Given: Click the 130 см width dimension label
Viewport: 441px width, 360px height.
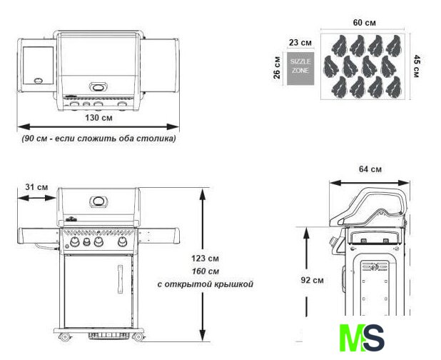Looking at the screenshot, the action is [x=98, y=117].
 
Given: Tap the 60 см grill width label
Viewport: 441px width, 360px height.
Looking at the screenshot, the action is [x=364, y=23].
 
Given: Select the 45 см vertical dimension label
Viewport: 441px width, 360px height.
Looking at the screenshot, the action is [x=417, y=66].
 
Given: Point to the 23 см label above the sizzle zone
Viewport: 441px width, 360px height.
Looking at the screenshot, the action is [x=300, y=43].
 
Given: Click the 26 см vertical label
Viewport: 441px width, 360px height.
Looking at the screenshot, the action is [x=277, y=68].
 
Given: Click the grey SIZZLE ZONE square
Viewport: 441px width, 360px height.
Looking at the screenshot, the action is [x=300, y=69].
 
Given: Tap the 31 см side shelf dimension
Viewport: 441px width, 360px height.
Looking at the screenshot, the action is [x=36, y=187].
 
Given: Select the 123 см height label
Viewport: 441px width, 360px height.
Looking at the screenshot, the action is [x=205, y=258].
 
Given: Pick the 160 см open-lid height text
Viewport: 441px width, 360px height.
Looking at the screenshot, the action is [x=206, y=271].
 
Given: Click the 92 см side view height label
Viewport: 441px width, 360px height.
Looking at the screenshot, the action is [x=312, y=280].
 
